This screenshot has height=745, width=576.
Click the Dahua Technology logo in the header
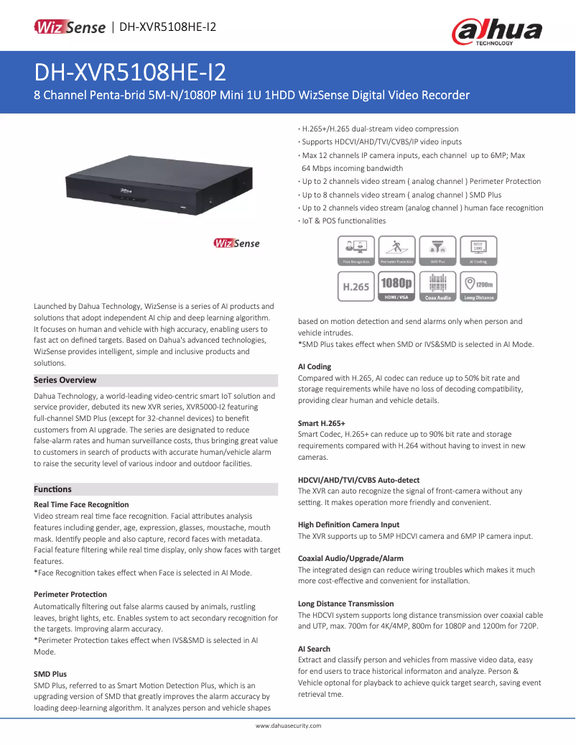pyautogui.click(x=496, y=31)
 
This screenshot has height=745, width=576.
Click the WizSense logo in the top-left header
pyautogui.click(x=70, y=27)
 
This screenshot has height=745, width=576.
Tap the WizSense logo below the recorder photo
pyautogui.click(x=236, y=244)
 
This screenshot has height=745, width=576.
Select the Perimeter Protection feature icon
pyautogui.click(x=396, y=251)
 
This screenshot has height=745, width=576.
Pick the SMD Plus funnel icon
pyautogui.click(x=437, y=251)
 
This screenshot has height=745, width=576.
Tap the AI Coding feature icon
pyautogui.click(x=478, y=251)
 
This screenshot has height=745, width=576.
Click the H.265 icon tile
pyautogui.click(x=356, y=286)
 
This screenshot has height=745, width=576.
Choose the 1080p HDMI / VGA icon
pyautogui.click(x=396, y=286)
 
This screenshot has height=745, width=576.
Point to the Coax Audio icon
pyautogui.click(x=437, y=286)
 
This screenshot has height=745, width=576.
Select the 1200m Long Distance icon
pyautogui.click(x=478, y=286)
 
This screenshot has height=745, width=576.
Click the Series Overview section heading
pyautogui.click(x=65, y=380)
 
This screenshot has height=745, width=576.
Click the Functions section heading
pyautogui.click(x=53, y=489)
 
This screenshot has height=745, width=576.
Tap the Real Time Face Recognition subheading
pyautogui.click(x=81, y=505)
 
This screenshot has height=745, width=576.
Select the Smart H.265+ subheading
pyautogui.click(x=322, y=424)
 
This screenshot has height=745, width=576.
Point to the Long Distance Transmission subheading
pyautogui.click(x=345, y=603)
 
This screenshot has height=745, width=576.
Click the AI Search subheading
pyautogui.click(x=314, y=649)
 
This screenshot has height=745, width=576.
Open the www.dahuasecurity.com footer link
pyautogui.click(x=288, y=726)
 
